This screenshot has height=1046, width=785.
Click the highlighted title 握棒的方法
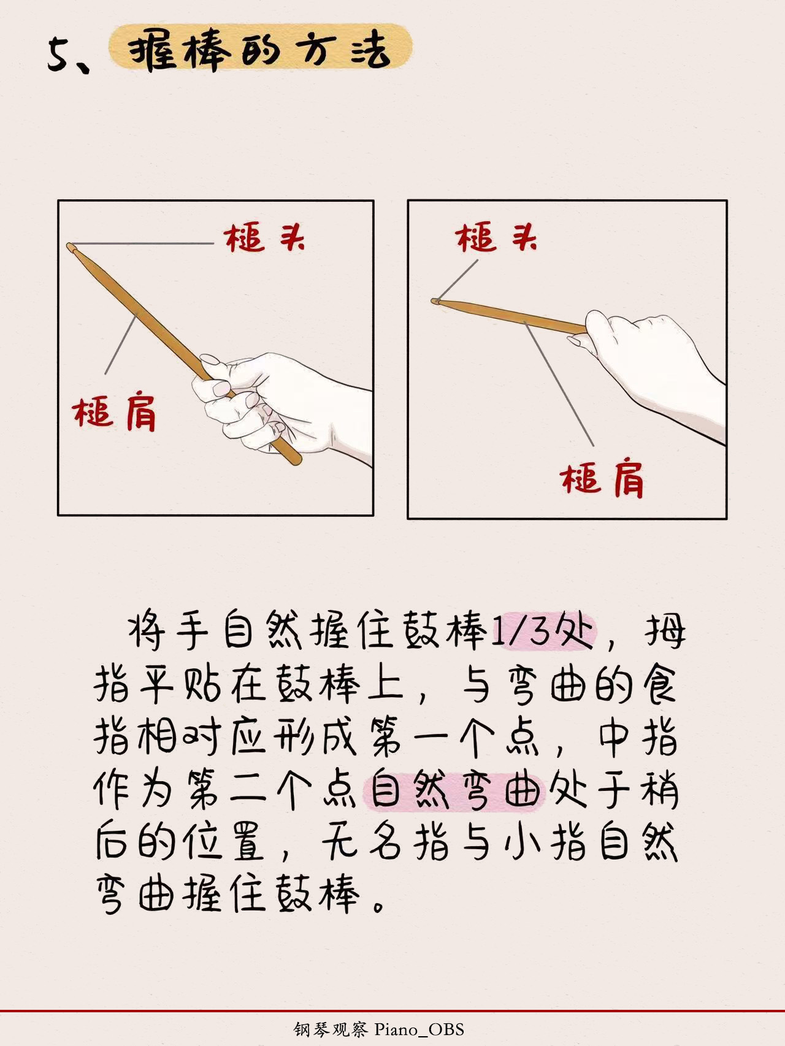click(x=261, y=50)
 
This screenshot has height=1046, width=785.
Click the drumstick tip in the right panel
click(x=436, y=301)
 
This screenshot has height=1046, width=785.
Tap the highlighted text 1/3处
click(x=543, y=631)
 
